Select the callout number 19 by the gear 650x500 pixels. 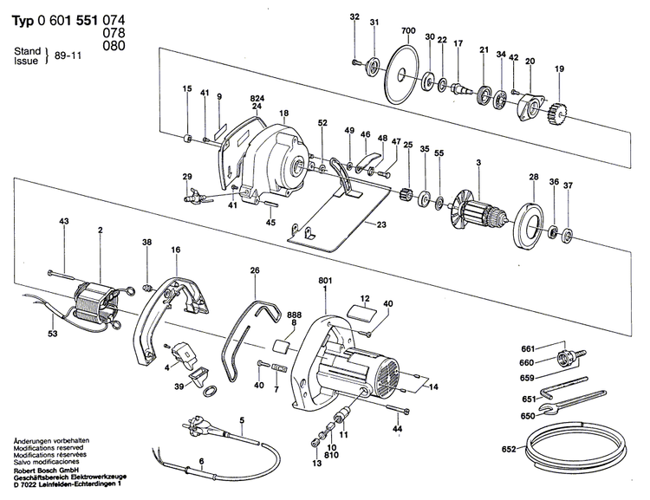tap(559, 69)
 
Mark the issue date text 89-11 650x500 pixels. tap(66, 54)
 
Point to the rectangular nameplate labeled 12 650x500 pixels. tap(359, 309)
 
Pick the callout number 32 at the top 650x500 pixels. tap(354, 17)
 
